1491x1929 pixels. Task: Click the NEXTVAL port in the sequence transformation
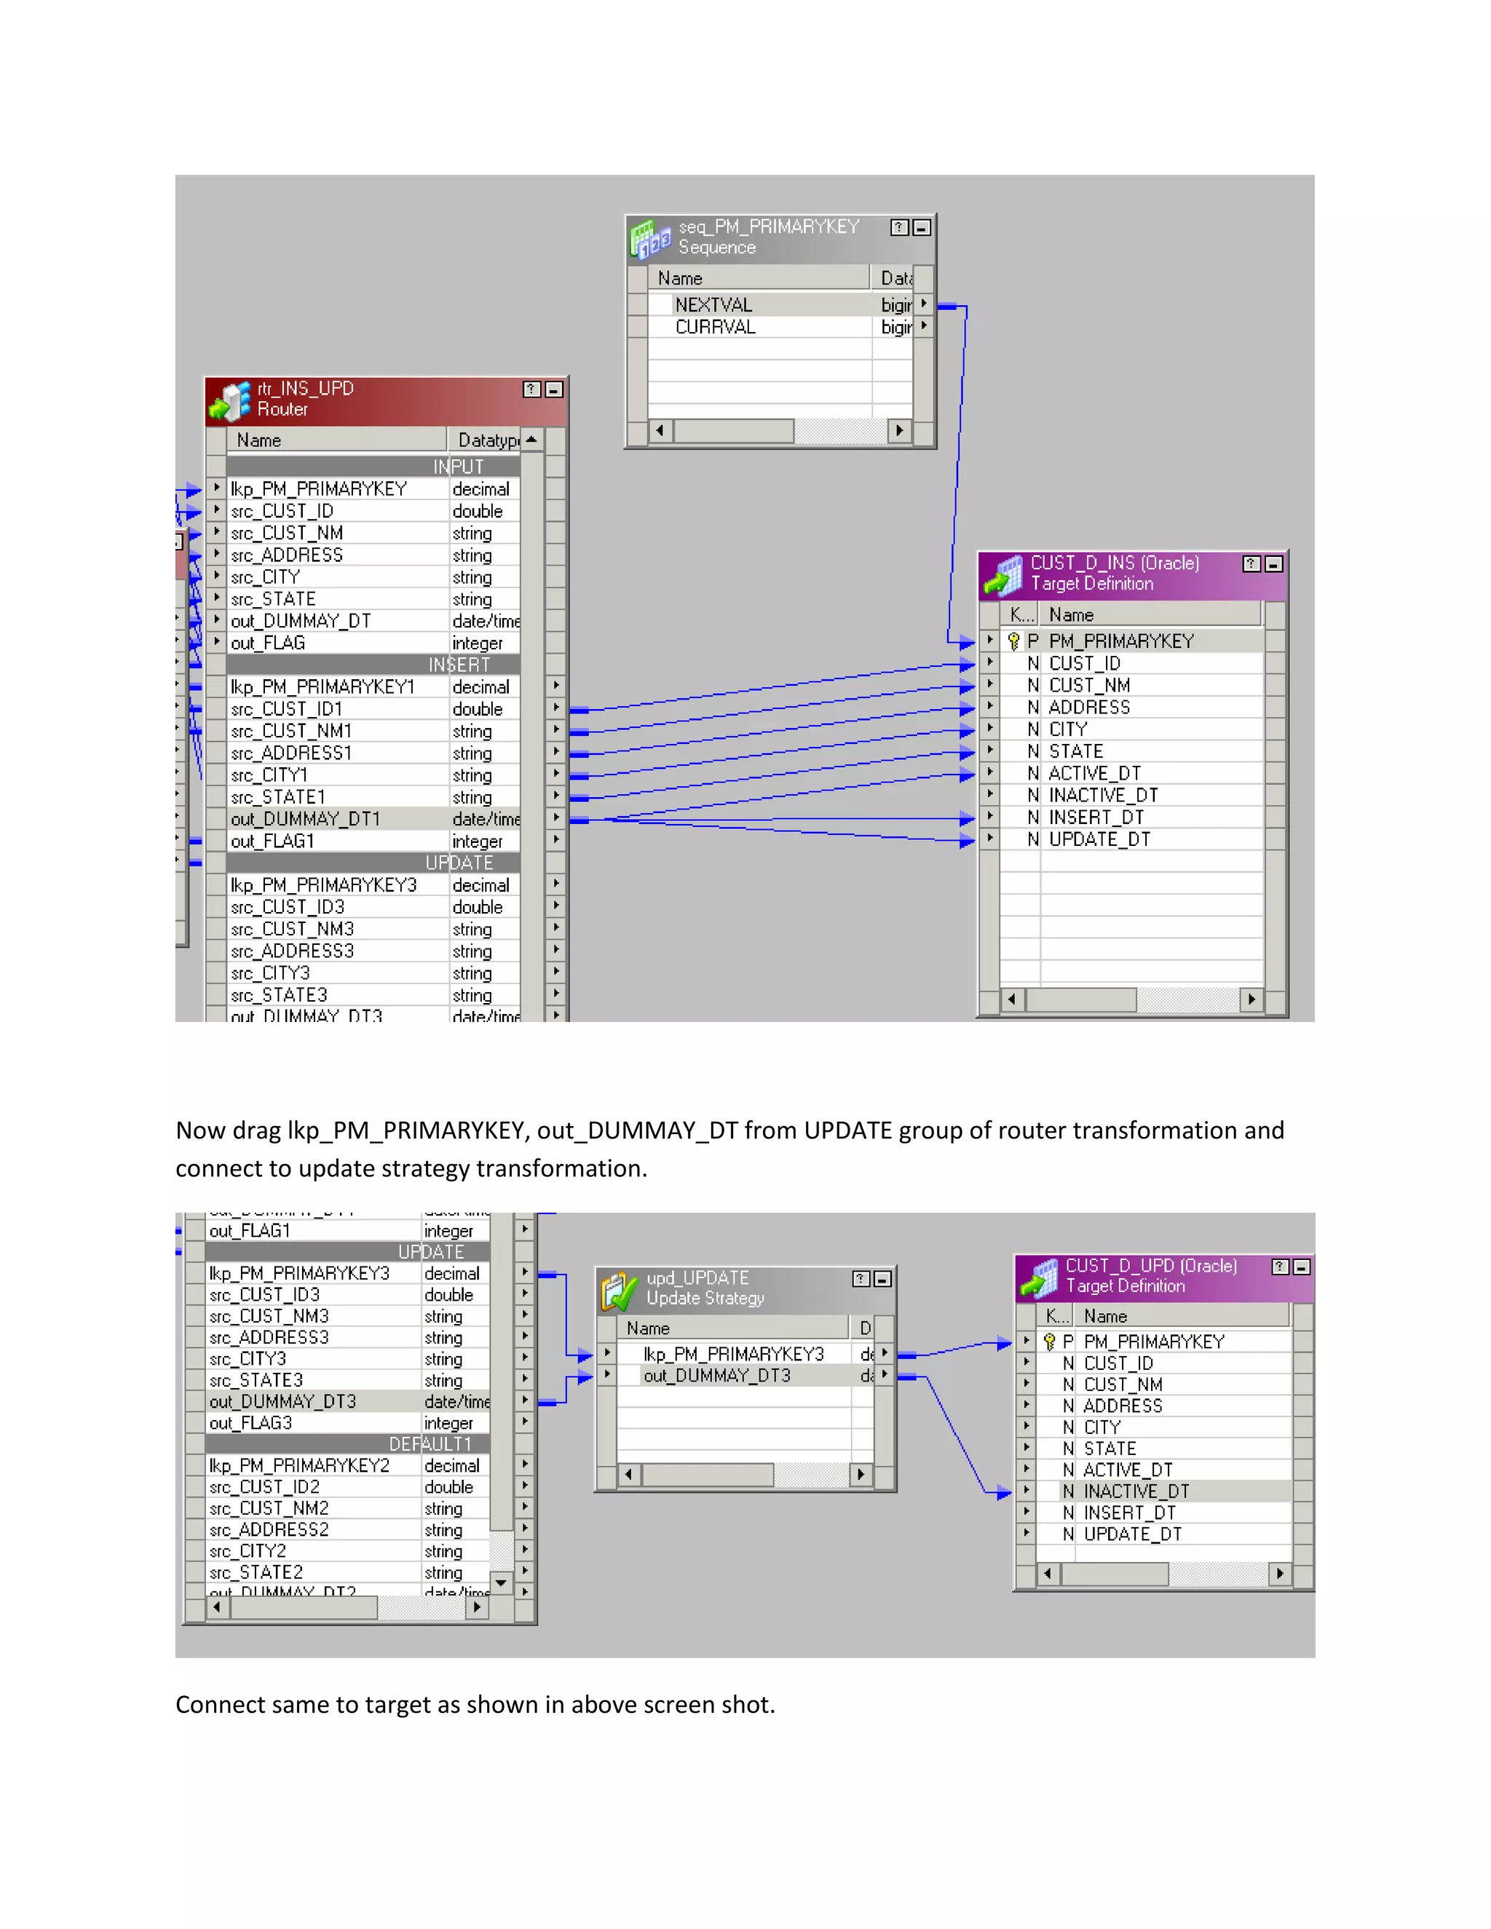click(x=713, y=305)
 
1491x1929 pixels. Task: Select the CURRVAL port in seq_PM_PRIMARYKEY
click(x=716, y=327)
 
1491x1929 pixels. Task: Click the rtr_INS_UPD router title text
click(x=306, y=389)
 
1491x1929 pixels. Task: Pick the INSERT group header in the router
click(x=459, y=664)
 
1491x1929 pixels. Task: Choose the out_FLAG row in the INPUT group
click(x=268, y=643)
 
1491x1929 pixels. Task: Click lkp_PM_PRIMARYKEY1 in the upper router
click(x=323, y=687)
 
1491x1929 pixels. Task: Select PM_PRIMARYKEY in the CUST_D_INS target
click(x=1121, y=641)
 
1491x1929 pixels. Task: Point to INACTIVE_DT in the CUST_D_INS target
click(x=1102, y=795)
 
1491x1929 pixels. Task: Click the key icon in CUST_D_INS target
click(x=1014, y=641)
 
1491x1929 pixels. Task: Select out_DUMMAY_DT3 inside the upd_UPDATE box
click(x=716, y=1375)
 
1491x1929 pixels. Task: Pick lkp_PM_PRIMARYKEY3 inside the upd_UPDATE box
click(x=733, y=1354)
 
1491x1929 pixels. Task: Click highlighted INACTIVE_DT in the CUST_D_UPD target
click(x=1136, y=1491)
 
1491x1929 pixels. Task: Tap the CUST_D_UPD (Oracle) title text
click(x=1151, y=1266)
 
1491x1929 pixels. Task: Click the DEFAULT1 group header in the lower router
click(x=430, y=1444)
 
